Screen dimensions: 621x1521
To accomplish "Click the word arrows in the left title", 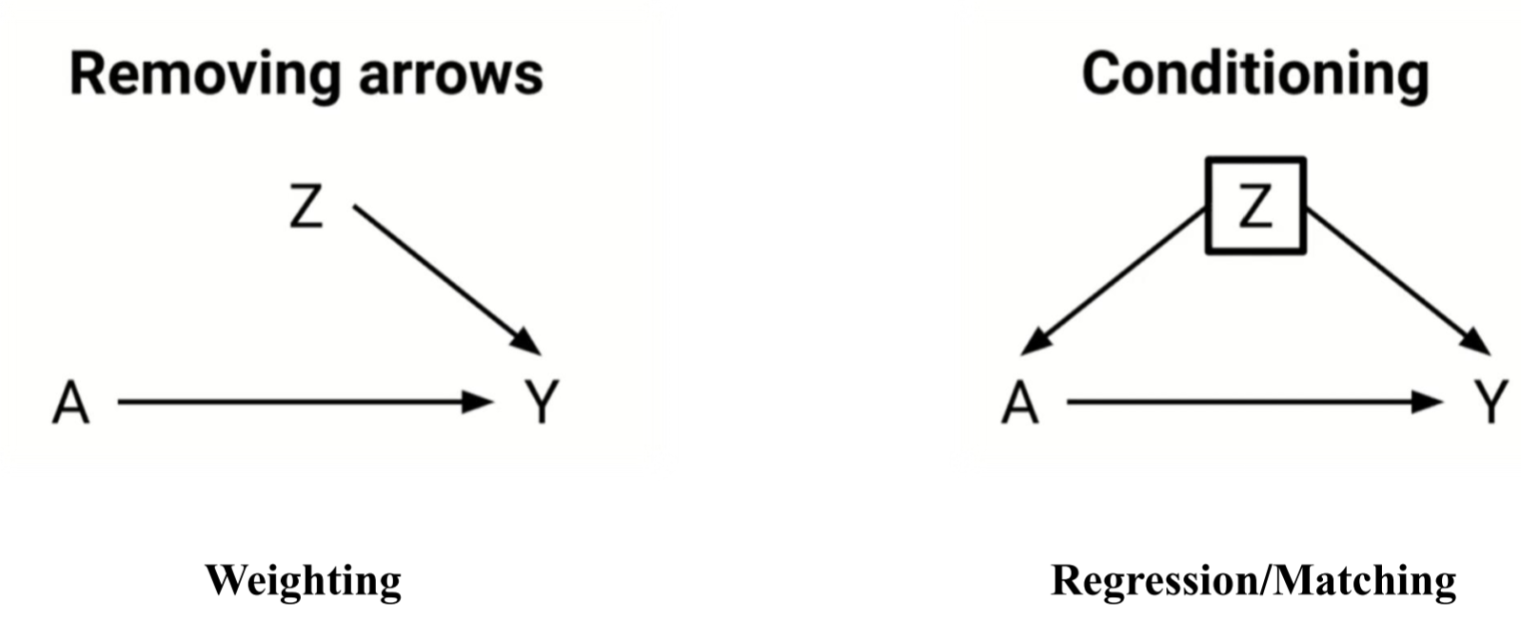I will click(450, 74).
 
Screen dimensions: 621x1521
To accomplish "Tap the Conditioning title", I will click(1254, 74).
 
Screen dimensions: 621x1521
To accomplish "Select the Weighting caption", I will click(303, 580).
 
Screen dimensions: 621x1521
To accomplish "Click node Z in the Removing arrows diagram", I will click(306, 206).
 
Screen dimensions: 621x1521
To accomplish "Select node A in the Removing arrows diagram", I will click(70, 403).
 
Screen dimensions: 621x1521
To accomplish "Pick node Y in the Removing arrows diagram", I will click(542, 402).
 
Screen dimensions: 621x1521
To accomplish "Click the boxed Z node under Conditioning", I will click(1255, 206).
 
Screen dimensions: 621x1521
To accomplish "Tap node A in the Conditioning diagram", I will click(1019, 403).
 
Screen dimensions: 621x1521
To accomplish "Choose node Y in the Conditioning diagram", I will click(1491, 402).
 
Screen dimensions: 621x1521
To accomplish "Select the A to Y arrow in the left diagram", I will click(295, 402).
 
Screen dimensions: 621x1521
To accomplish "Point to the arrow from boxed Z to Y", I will click(1394, 279).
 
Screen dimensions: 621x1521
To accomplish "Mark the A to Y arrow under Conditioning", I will click(1247, 402).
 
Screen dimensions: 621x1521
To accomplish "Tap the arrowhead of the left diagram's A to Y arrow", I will click(477, 402).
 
